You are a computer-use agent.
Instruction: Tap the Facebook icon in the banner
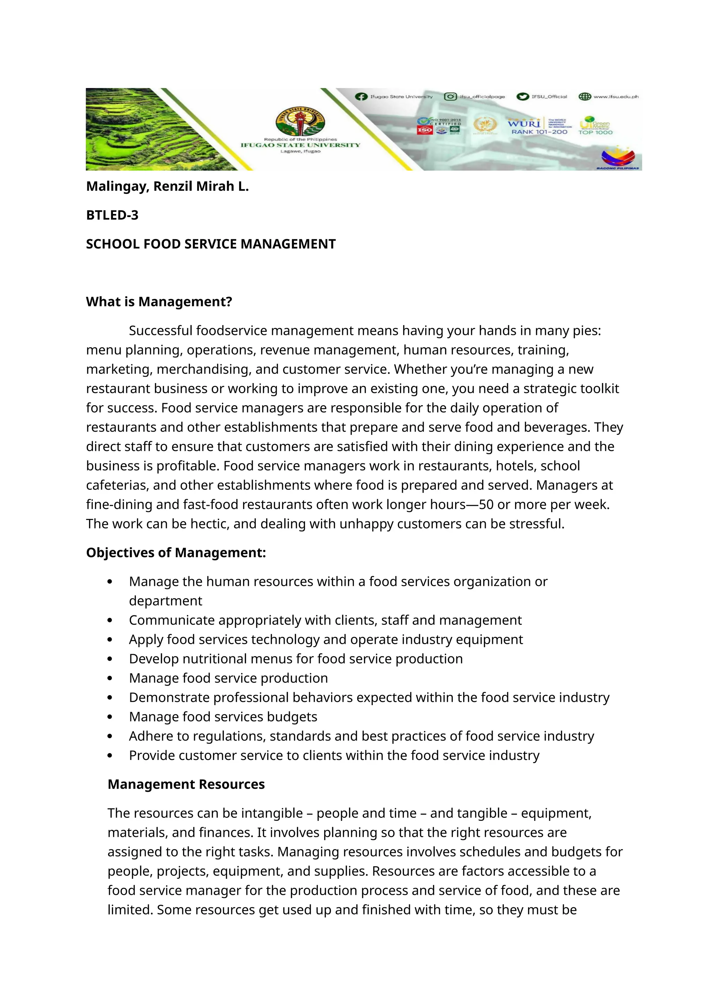click(x=361, y=97)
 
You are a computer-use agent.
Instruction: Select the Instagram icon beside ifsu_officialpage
click(x=450, y=97)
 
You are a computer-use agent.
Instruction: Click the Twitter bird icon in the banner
click(x=522, y=97)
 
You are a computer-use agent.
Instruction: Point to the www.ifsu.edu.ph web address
click(x=616, y=97)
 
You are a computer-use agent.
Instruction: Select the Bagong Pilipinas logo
click(x=618, y=158)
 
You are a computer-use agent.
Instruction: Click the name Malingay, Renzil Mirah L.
click(x=167, y=186)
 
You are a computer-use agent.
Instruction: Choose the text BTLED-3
click(x=112, y=215)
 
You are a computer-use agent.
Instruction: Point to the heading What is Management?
click(x=159, y=302)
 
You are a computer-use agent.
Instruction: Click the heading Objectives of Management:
click(x=176, y=553)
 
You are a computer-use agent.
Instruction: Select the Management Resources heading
click(x=186, y=785)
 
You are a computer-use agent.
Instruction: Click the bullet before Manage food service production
click(x=110, y=679)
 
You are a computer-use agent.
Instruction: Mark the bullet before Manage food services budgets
click(x=110, y=717)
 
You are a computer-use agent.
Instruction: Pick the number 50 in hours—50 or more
click(x=486, y=505)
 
